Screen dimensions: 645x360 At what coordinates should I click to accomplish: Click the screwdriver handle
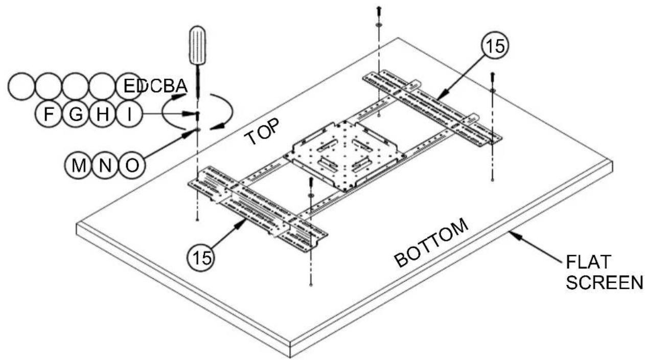click(x=197, y=45)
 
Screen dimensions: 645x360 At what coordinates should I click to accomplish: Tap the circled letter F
click(x=49, y=114)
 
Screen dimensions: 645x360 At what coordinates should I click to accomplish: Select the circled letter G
click(x=76, y=114)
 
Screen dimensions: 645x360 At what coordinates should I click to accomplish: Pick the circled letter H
click(x=103, y=114)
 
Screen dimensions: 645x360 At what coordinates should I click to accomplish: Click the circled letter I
click(x=129, y=114)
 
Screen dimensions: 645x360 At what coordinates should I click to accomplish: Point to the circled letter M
click(x=79, y=165)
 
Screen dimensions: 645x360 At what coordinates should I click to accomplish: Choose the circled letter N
click(x=105, y=165)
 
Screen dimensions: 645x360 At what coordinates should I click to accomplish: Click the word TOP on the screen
click(x=262, y=131)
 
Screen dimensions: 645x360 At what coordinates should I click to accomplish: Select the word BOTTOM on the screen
click(x=431, y=242)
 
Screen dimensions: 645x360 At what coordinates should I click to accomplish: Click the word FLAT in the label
click(x=588, y=262)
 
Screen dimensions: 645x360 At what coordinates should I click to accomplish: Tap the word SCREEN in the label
click(x=605, y=283)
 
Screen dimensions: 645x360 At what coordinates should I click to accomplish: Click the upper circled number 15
click(x=495, y=46)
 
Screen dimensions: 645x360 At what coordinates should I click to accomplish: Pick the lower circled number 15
click(x=201, y=257)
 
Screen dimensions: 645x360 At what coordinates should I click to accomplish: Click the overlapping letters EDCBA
click(x=155, y=86)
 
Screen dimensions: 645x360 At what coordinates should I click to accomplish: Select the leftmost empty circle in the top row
click(x=21, y=86)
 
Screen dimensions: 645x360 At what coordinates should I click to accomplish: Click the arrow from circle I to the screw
click(x=168, y=114)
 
